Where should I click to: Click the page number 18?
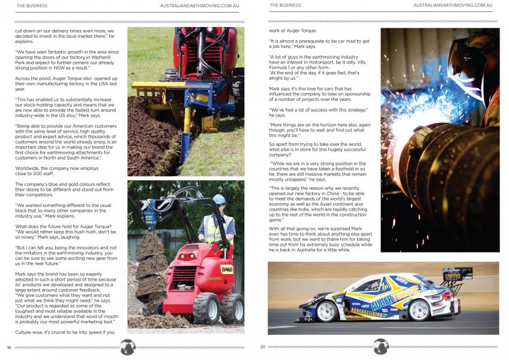9,347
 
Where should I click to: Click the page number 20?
263,347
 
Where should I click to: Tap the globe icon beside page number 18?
127,347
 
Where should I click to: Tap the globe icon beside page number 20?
381,347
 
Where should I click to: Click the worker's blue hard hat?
219,199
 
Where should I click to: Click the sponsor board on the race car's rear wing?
457,273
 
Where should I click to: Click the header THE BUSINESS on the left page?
32,5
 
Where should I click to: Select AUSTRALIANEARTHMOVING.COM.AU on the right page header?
453,5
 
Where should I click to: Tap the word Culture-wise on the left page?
31,332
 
